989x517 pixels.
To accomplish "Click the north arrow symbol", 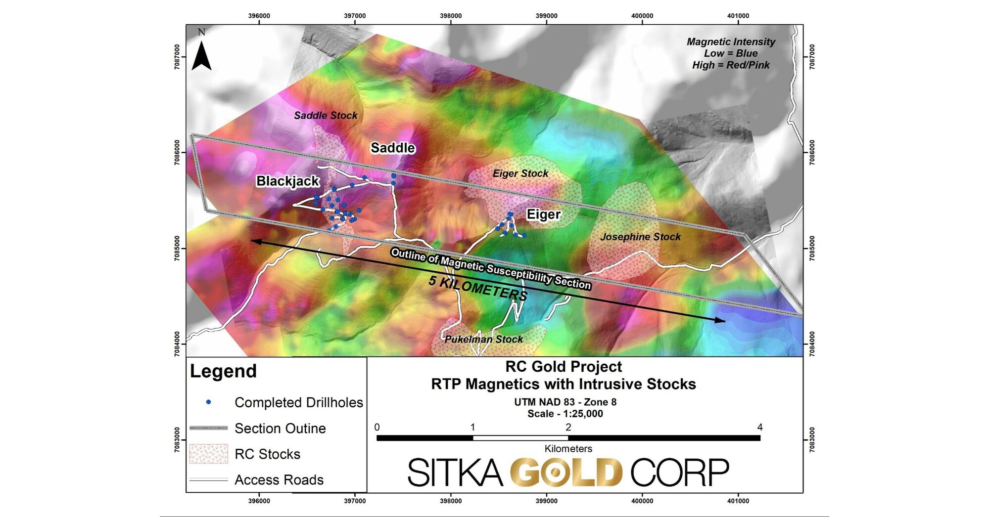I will click(201, 55).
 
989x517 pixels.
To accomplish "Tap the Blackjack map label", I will click(287, 181).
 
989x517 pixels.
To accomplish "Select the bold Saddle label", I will click(393, 148).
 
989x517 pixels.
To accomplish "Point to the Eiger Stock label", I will click(520, 173).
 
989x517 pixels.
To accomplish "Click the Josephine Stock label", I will click(640, 237).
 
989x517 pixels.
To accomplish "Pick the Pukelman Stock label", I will click(483, 339).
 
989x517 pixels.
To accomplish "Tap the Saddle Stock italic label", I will click(326, 115).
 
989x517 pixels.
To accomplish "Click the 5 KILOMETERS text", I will click(478, 288).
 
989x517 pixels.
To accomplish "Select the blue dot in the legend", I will click(208, 402).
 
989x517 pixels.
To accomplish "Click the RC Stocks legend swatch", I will click(208, 454).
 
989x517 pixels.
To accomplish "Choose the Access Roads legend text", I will click(279, 480).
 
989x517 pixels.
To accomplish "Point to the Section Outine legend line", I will click(208, 428).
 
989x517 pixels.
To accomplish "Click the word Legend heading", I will click(223, 371).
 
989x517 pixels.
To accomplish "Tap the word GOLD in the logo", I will click(566, 472).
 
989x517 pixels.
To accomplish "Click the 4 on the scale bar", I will click(759, 427).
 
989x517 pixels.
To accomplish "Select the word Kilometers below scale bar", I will click(568, 449).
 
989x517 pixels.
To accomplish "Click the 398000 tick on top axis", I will click(451, 16).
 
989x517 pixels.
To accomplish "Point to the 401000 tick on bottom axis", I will click(738, 501).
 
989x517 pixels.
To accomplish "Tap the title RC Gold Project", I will click(564, 367).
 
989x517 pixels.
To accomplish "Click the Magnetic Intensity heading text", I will click(731, 42).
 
